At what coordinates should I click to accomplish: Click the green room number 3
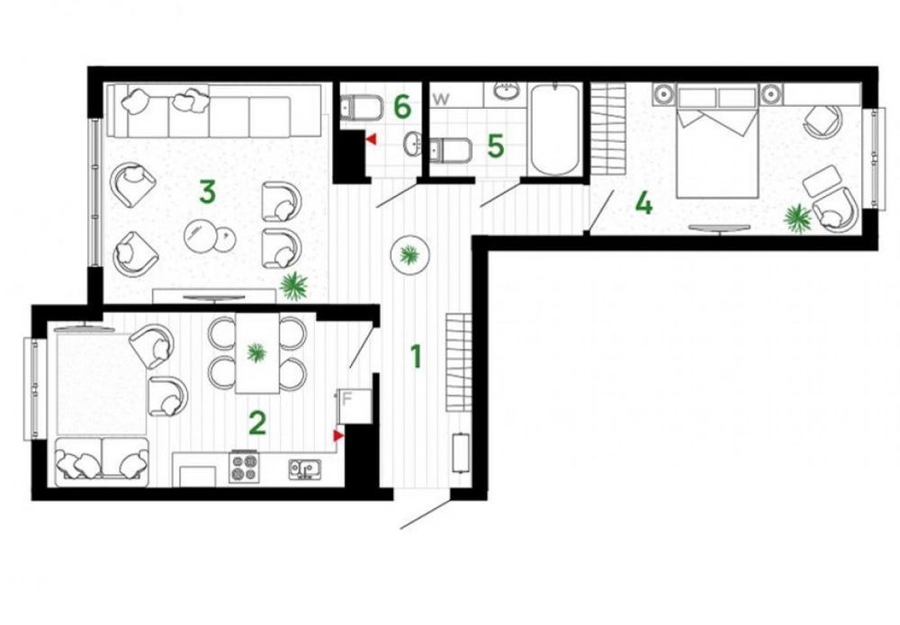point(207,192)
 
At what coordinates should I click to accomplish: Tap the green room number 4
point(644,203)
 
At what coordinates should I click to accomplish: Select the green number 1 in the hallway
point(417,356)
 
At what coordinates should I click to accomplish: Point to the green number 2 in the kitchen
point(257,424)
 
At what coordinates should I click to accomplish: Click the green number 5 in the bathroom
point(495,146)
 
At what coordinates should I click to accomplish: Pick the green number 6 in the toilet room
point(402,106)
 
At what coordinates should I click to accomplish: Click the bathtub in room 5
point(554,129)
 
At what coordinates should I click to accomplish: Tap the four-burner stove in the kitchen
point(243,466)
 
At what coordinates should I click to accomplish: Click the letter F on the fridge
point(346,398)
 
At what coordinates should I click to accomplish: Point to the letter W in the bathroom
point(441,99)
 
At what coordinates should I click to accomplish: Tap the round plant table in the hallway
point(409,255)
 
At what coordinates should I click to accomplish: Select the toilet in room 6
point(361,107)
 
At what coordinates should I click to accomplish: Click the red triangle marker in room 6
point(372,139)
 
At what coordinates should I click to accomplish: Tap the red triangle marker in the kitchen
point(338,436)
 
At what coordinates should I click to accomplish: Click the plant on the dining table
point(256,352)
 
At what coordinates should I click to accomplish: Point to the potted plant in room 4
point(797,218)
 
